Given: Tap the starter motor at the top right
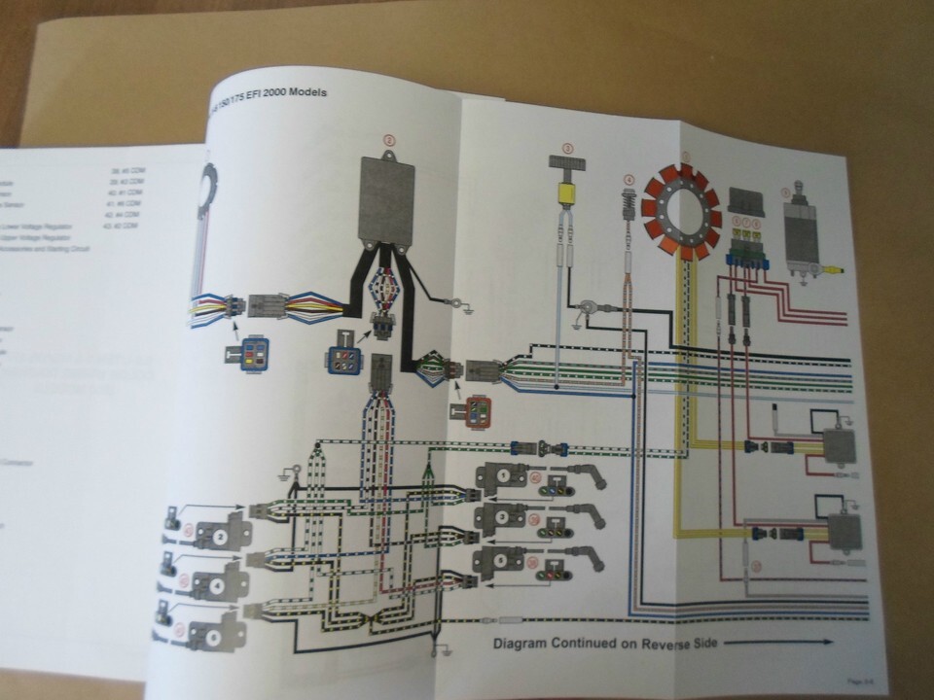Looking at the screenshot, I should pyautogui.click(x=807, y=233).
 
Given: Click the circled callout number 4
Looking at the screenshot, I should pyautogui.click(x=629, y=180).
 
